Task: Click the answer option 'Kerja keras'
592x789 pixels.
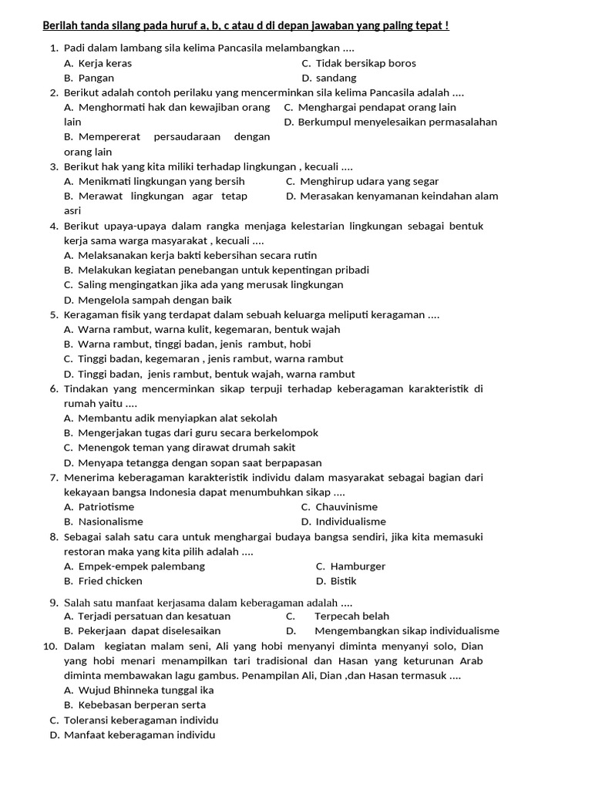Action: (105, 63)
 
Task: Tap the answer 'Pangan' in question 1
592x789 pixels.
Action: (96, 78)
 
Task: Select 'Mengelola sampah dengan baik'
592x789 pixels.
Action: (148, 300)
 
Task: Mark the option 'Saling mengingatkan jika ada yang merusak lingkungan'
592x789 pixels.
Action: (203, 284)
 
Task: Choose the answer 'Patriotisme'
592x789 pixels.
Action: (106, 507)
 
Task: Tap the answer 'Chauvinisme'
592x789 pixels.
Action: (346, 507)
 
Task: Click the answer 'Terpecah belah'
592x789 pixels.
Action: (351, 616)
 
